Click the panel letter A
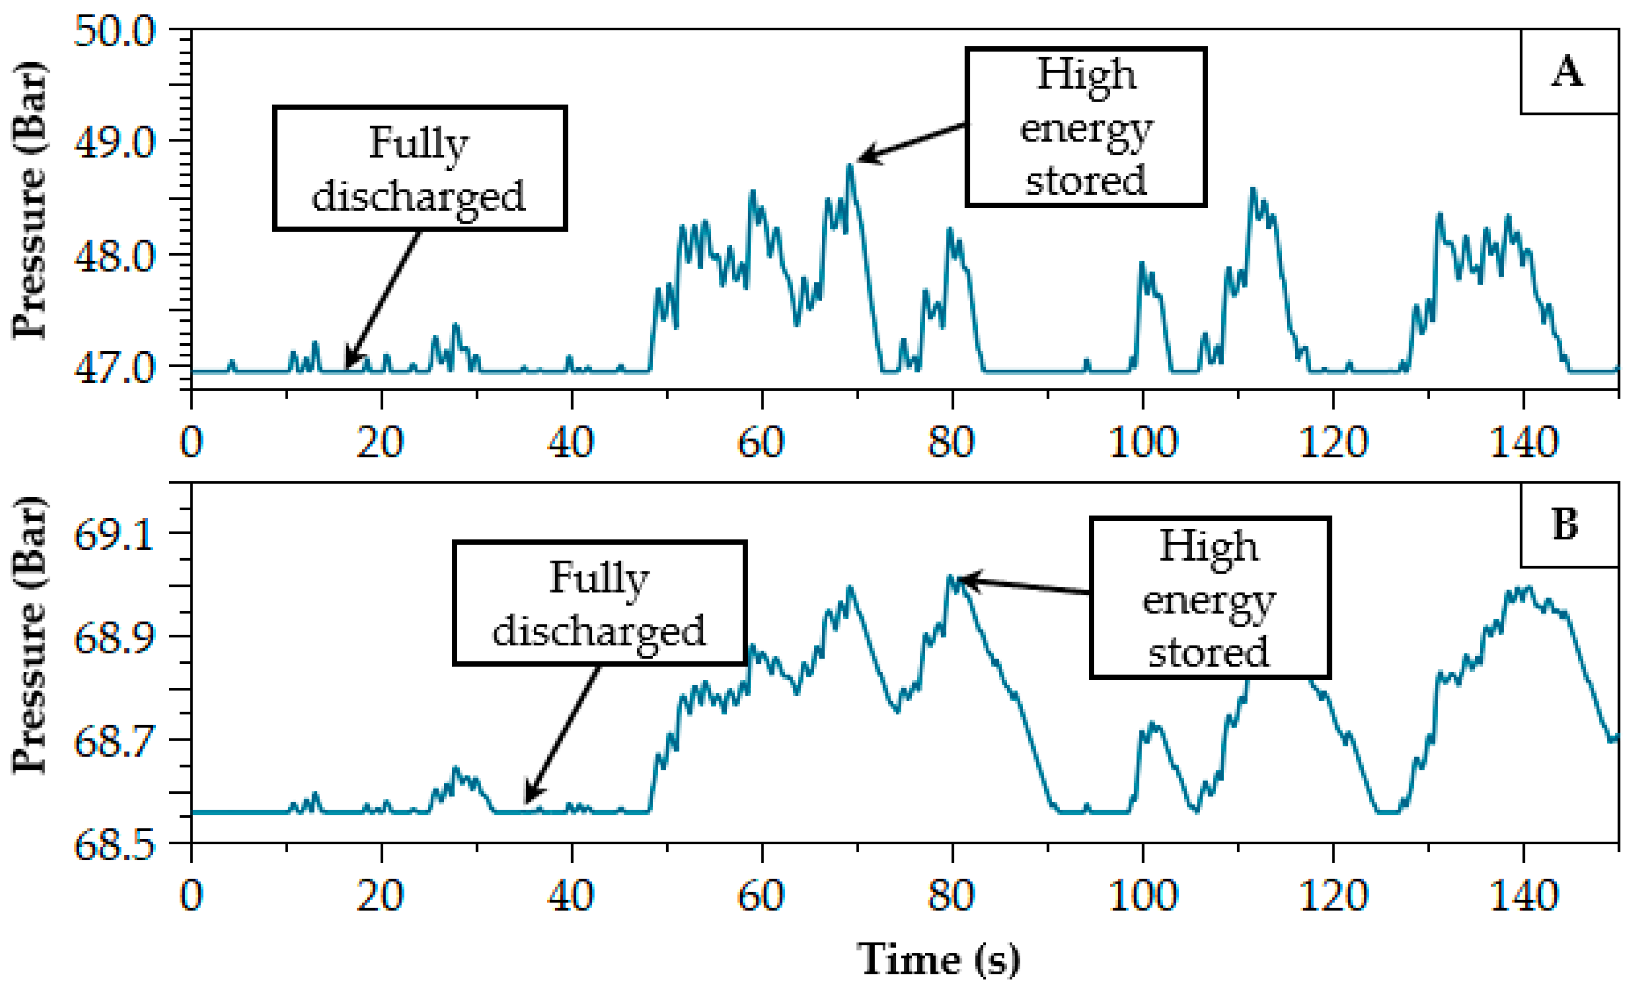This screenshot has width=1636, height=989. click(x=1567, y=72)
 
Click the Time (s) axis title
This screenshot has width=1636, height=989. click(x=937, y=959)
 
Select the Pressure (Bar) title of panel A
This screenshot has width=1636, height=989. click(x=30, y=200)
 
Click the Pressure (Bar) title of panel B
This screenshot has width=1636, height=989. click(x=30, y=634)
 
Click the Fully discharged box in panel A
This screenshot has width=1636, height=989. click(x=420, y=169)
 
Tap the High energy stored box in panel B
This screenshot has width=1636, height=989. click(x=1210, y=598)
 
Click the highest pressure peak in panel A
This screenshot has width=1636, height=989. click(x=849, y=166)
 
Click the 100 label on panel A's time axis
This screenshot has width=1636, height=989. click(x=1143, y=442)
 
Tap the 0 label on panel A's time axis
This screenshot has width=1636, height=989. click(x=191, y=442)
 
